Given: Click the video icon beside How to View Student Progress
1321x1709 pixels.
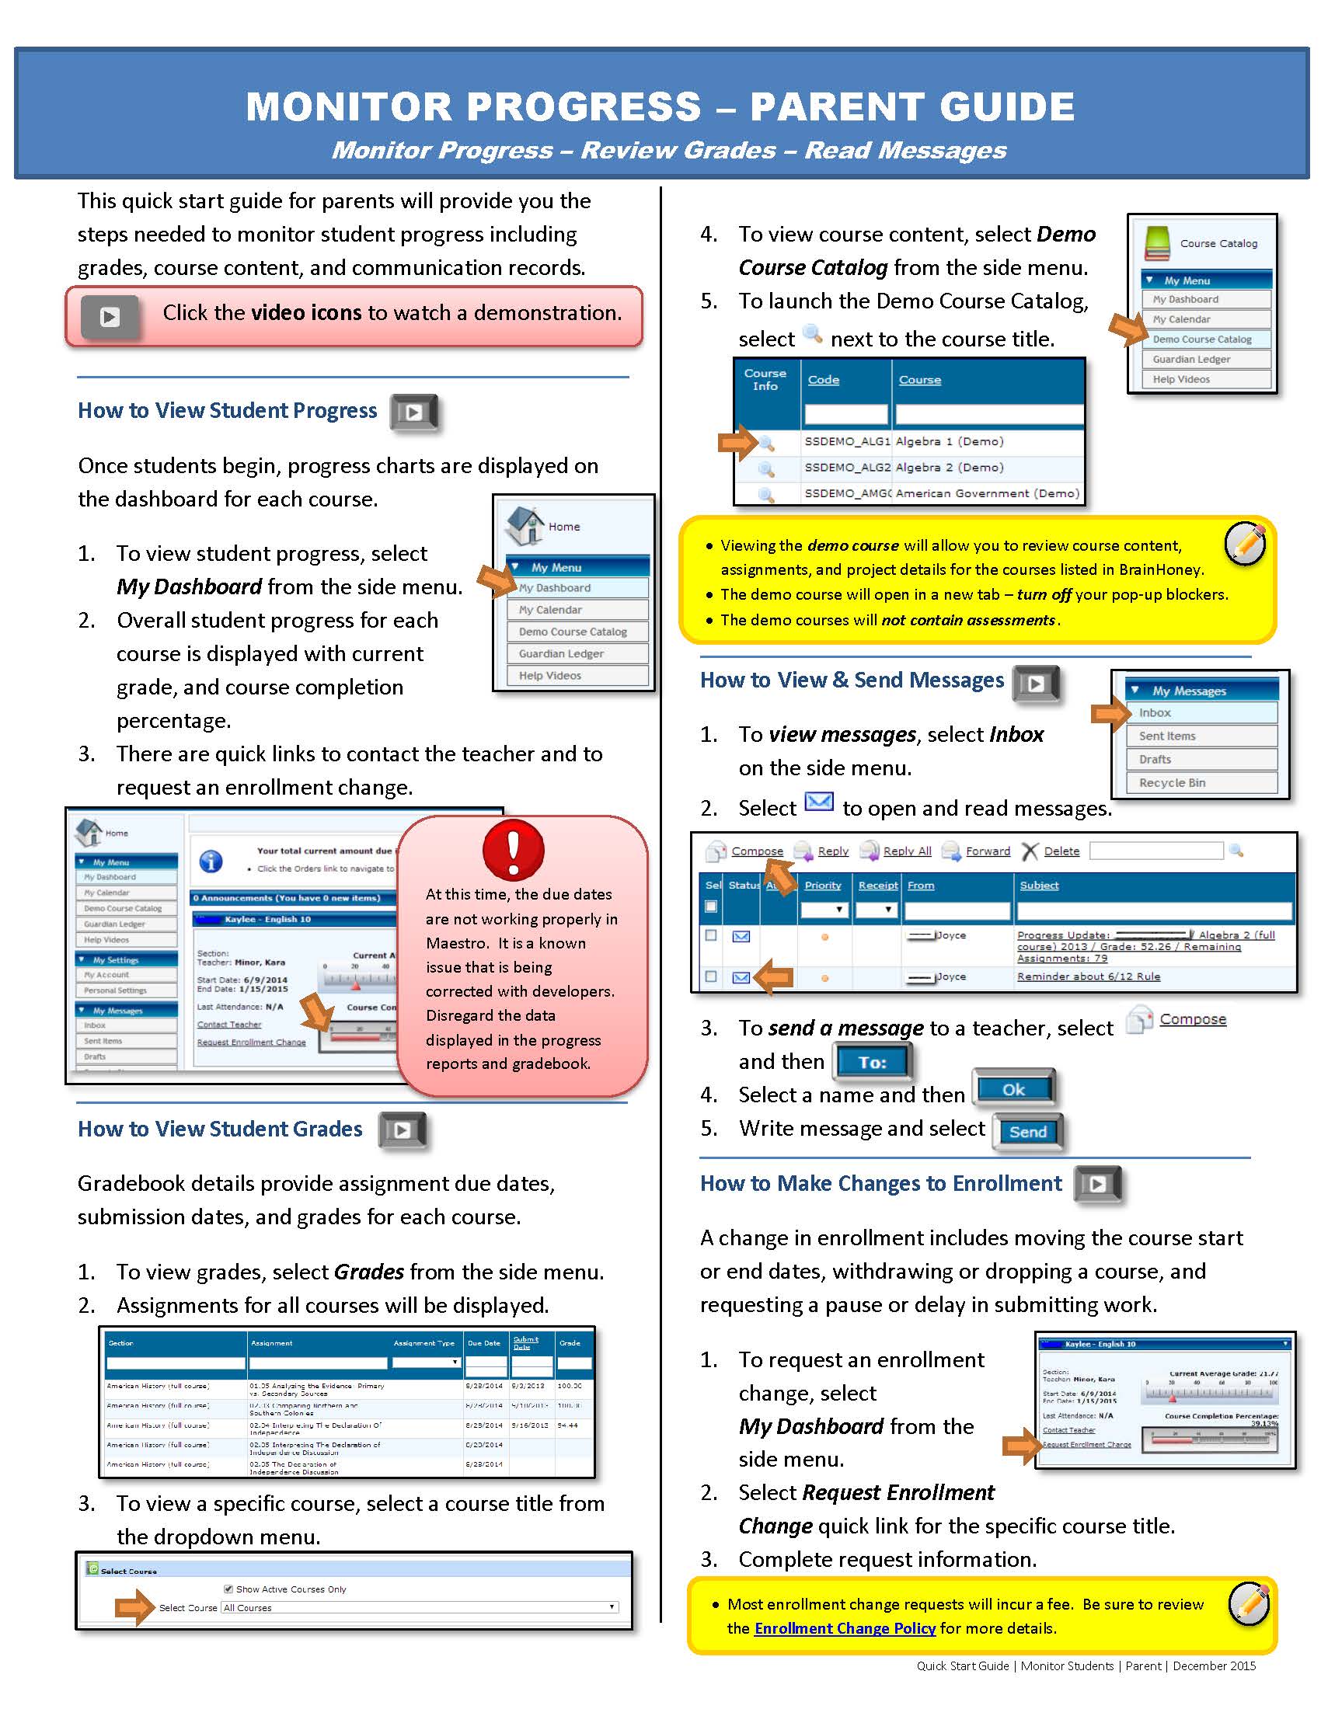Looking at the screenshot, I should [x=414, y=412].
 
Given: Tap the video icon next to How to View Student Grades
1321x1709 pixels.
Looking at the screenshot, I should [x=403, y=1130].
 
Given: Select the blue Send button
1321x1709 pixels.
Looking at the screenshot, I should [x=1027, y=1132].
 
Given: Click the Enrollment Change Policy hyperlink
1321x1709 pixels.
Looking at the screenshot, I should [x=845, y=1627].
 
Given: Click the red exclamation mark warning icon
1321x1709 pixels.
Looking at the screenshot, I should [x=514, y=850].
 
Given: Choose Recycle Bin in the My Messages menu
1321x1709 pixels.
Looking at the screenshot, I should [x=1173, y=782].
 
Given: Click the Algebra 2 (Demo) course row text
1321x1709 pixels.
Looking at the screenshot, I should [x=950, y=467].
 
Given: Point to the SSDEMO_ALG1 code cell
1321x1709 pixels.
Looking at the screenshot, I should [x=847, y=441].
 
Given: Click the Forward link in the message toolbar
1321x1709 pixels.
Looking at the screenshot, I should [x=988, y=851].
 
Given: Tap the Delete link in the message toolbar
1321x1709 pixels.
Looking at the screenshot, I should [x=1061, y=851].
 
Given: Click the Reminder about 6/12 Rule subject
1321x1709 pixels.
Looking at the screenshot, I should [x=1089, y=976].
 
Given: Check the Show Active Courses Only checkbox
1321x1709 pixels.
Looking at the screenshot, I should [x=228, y=1589].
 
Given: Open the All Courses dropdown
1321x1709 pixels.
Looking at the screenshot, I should [x=420, y=1607].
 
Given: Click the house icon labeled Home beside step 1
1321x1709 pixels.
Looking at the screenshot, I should [x=525, y=525].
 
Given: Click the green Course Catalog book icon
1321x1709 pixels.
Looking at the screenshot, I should [x=1157, y=243].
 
